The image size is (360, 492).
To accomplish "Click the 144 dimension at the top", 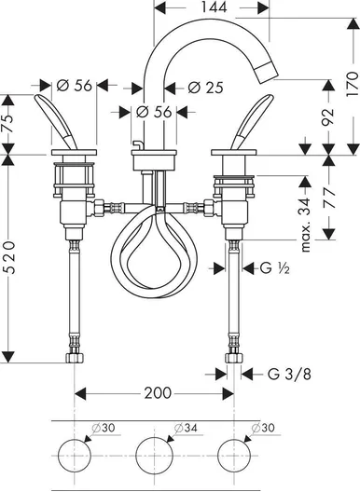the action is coord(214,7).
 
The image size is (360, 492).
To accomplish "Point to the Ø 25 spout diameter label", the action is coord(205,88).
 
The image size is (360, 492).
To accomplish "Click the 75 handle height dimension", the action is coord(8,119).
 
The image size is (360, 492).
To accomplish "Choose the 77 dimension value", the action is coord(328,197).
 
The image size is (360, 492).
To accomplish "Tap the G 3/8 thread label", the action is coord(289,374).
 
